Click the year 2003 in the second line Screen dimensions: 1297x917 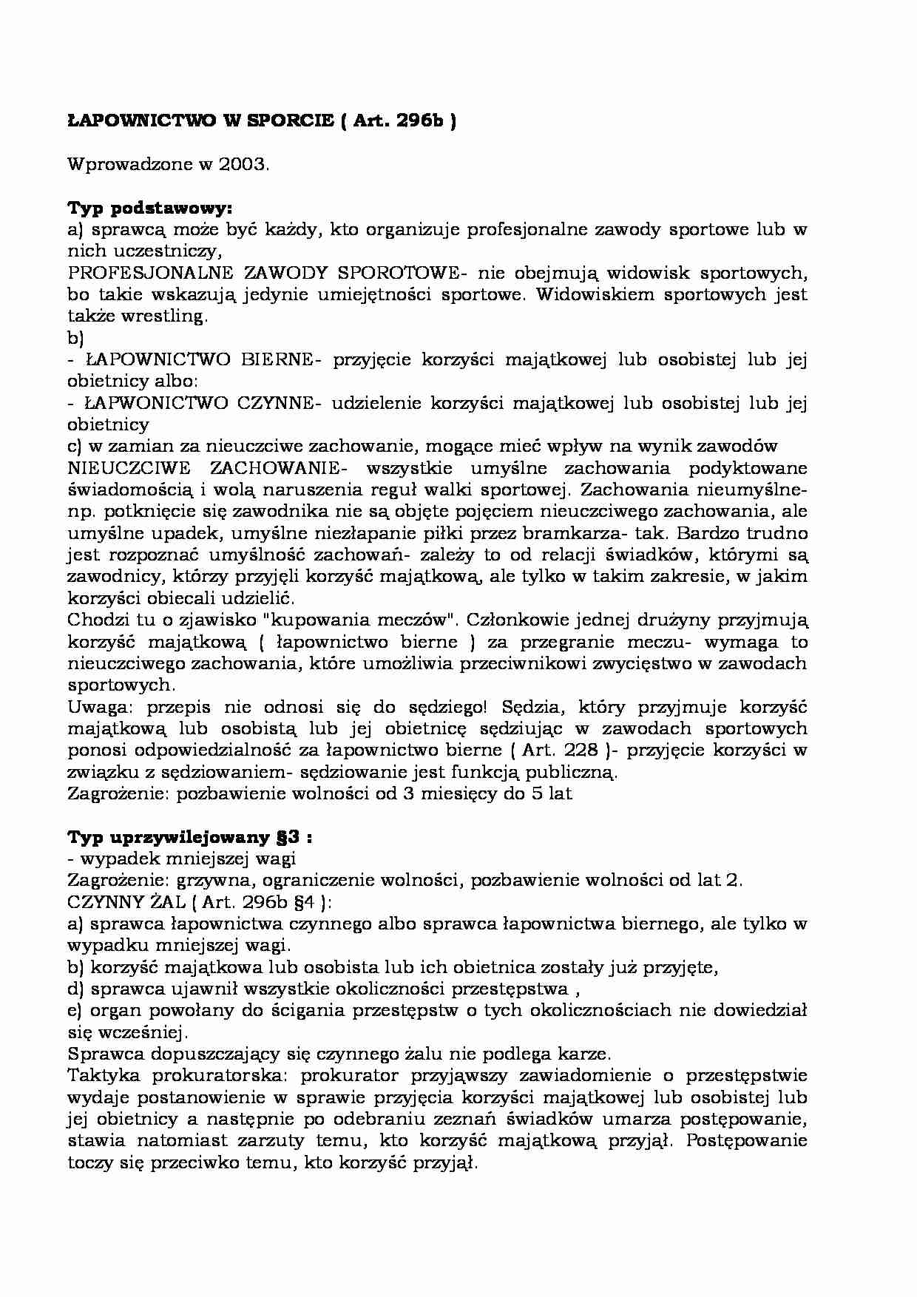point(243,164)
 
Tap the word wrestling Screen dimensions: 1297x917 point(169,316)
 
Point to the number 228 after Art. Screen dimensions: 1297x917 point(575,750)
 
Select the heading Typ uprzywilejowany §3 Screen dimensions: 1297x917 point(189,837)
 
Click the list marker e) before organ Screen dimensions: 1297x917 point(75,1010)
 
